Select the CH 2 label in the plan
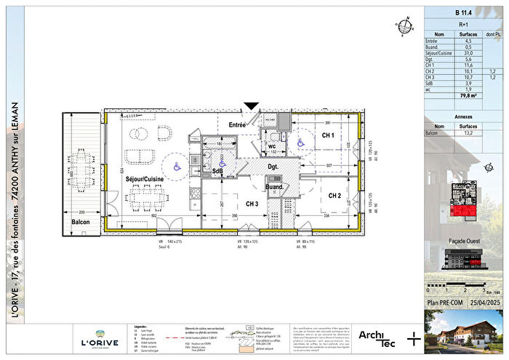[335, 196]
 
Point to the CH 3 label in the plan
[252, 204]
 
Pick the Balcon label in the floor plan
[80, 222]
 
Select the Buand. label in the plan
[274, 187]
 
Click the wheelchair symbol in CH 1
[299, 143]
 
